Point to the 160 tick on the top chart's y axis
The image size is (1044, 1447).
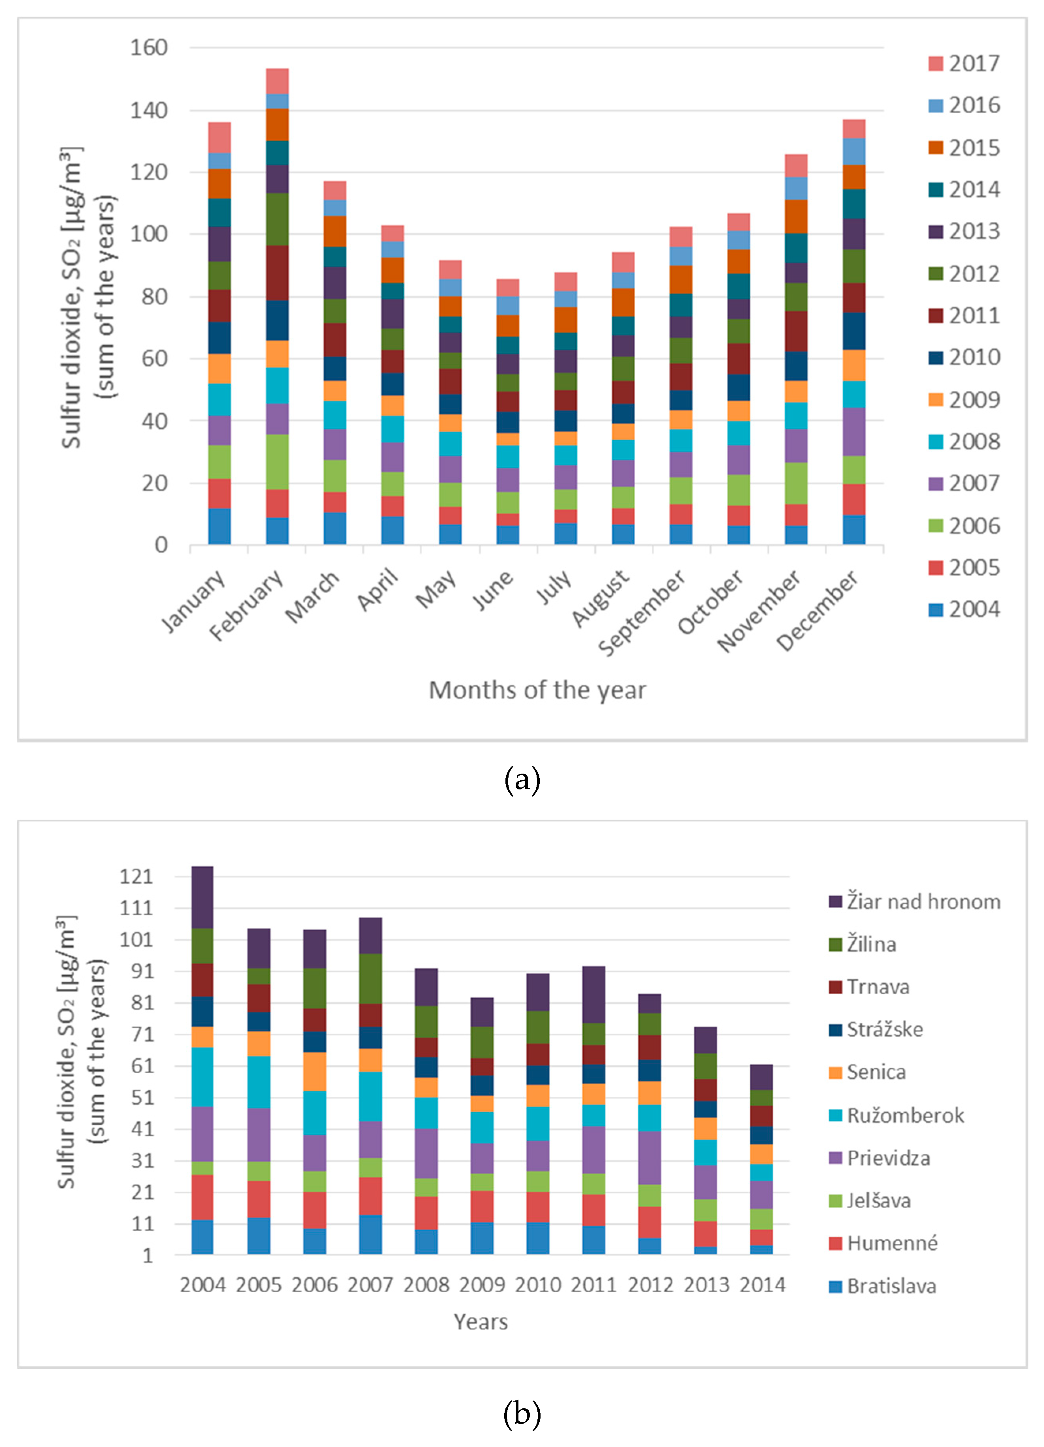click(149, 47)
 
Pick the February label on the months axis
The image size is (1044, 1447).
click(247, 605)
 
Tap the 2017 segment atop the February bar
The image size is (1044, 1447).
click(277, 81)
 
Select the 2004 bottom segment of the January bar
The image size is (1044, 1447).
click(219, 527)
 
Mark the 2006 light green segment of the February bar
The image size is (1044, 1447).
click(277, 462)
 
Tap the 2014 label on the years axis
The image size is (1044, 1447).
click(762, 1285)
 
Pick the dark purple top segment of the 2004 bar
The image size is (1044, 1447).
click(202, 897)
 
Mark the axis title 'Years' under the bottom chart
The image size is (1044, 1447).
click(481, 1322)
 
